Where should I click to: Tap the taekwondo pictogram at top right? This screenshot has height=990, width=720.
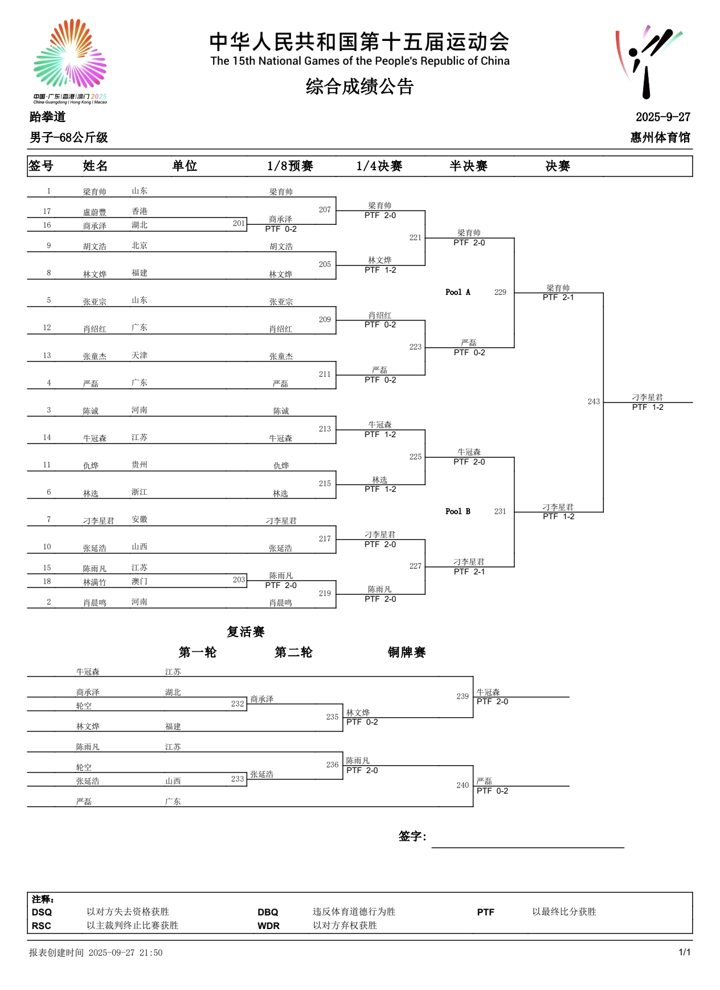[x=648, y=61]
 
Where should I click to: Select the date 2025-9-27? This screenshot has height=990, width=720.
[x=662, y=117]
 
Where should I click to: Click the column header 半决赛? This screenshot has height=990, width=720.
[x=468, y=166]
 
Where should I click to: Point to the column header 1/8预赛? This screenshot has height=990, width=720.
[x=290, y=166]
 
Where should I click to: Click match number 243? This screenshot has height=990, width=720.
[x=594, y=402]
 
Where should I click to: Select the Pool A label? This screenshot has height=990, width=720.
[x=457, y=293]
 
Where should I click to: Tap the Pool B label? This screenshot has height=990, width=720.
[x=457, y=512]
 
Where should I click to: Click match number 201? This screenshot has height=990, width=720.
[x=239, y=224]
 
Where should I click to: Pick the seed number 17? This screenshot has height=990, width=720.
[x=47, y=212]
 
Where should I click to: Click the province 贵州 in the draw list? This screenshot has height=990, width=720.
[x=140, y=465]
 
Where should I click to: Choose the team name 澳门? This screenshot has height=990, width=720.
[x=140, y=582]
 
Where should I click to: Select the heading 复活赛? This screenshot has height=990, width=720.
[x=246, y=632]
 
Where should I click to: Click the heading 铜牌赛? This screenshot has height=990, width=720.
[x=407, y=652]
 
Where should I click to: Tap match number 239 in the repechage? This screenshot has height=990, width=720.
[x=463, y=697]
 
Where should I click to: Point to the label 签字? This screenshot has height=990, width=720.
[x=412, y=836]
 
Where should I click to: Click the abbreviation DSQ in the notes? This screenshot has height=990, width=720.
[x=42, y=912]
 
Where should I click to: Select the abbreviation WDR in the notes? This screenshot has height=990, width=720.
[x=268, y=926]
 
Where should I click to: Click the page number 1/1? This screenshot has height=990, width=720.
[x=685, y=952]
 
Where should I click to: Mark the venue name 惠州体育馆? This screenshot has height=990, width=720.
[x=660, y=138]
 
